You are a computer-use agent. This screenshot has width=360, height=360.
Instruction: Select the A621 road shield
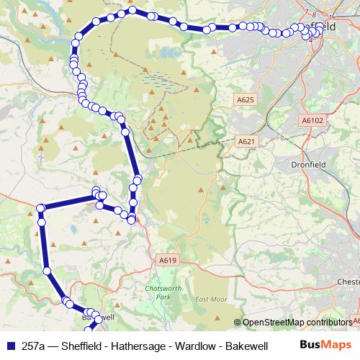pyautogui.click(x=246, y=142)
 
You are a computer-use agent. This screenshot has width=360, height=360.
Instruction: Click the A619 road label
pyautogui.click(x=168, y=260)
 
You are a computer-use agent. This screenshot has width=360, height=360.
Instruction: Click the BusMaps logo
pyautogui.click(x=326, y=345)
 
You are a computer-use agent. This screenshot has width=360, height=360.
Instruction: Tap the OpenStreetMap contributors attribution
pyautogui.click(x=297, y=323)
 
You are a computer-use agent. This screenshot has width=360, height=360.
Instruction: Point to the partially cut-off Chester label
pyautogui.click(x=348, y=281)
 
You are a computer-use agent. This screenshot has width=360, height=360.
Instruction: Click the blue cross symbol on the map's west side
pyautogui.click(x=41, y=155)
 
